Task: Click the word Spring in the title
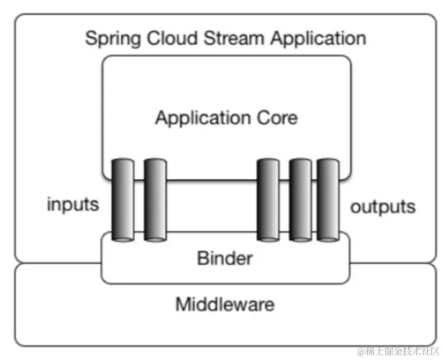(x=109, y=38)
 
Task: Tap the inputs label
(x=73, y=205)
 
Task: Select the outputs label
(x=382, y=207)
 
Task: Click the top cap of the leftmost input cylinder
(x=123, y=161)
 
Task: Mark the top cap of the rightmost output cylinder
(x=328, y=161)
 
